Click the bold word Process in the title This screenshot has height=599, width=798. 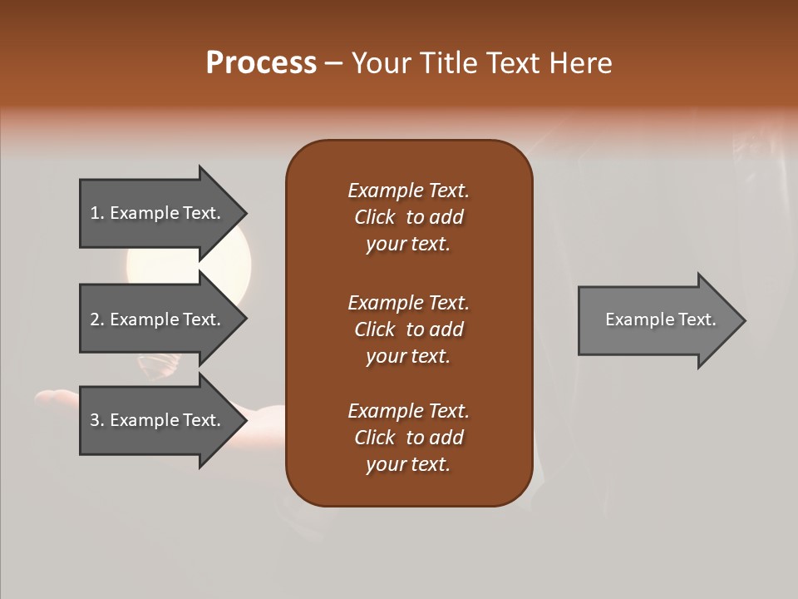(261, 63)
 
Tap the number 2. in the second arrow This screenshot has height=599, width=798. (97, 319)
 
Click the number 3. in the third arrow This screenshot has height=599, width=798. (97, 420)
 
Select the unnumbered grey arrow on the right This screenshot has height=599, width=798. (657, 320)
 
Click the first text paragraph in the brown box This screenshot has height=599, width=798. (408, 217)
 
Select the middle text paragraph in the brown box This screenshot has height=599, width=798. (408, 329)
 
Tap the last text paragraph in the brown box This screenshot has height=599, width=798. (408, 438)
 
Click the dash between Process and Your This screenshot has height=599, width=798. (333, 63)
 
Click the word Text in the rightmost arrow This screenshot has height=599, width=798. (697, 319)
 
